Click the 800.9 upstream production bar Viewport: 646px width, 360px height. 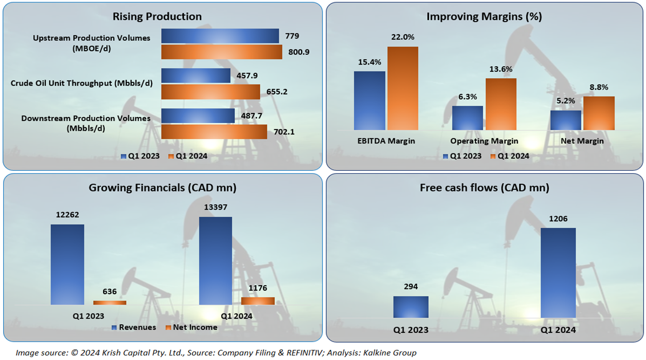221,52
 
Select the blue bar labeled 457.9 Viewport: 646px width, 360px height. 195,76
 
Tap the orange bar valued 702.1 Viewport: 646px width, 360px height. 214,132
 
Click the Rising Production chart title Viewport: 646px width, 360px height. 157,17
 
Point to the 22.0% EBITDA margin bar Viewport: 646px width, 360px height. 403,88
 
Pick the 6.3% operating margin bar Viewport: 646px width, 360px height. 468,118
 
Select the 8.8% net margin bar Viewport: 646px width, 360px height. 598,113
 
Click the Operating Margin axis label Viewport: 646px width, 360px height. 484,141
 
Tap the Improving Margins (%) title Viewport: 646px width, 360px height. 484,17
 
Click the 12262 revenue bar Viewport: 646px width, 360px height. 67,264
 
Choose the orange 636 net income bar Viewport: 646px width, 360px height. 109,303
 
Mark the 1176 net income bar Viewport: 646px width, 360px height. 258,301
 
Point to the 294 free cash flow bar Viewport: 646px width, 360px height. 411,307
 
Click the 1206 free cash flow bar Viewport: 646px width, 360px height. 558,273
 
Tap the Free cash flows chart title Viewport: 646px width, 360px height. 484,188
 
